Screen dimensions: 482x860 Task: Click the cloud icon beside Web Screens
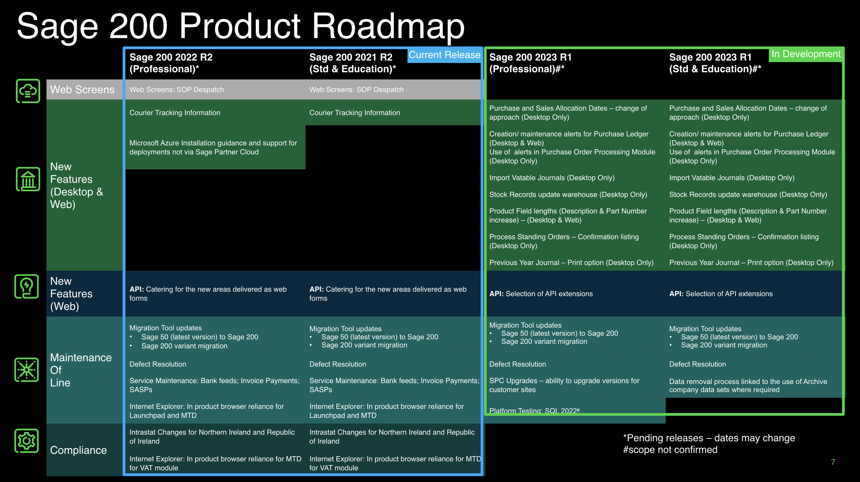(x=28, y=91)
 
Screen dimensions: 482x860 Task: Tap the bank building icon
(x=28, y=179)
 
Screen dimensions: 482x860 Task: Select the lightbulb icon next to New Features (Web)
(x=27, y=286)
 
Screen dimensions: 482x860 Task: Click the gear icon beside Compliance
(x=27, y=441)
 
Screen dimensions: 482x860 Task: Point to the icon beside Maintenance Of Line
(x=27, y=370)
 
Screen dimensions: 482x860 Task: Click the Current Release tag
(x=444, y=55)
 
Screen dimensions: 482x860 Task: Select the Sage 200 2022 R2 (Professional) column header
(x=171, y=63)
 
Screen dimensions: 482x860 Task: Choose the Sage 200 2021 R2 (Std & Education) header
(x=353, y=63)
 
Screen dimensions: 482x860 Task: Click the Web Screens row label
(x=82, y=89)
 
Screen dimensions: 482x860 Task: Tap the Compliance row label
(x=79, y=450)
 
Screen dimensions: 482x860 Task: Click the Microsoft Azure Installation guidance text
(x=213, y=147)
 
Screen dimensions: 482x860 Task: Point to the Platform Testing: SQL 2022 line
(x=534, y=410)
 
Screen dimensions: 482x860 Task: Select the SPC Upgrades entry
(x=564, y=385)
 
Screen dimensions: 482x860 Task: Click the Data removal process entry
(x=748, y=385)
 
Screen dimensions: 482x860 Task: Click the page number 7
(x=833, y=462)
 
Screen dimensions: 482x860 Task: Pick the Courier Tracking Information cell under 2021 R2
(x=354, y=112)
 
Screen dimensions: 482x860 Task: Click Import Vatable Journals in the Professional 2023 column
(x=552, y=177)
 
